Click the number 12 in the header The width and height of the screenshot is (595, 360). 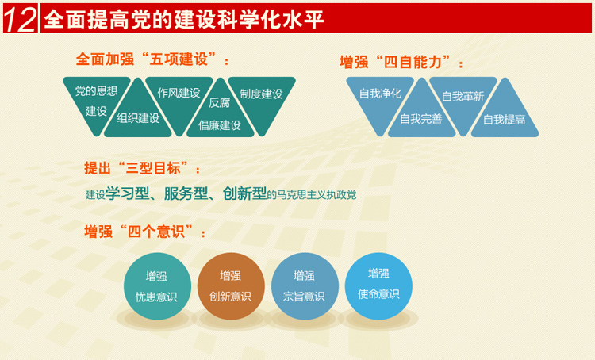[x=20, y=19]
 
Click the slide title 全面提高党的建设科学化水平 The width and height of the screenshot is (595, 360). [x=184, y=19]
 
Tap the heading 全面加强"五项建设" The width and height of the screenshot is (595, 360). [x=152, y=59]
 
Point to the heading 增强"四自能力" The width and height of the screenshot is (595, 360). [x=401, y=62]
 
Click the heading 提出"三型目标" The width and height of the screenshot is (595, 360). [x=142, y=168]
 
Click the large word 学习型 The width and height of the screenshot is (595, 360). [x=128, y=193]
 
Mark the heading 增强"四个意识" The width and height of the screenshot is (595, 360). [x=145, y=232]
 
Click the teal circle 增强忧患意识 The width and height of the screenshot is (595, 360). [x=157, y=286]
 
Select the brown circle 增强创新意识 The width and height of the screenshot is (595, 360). [x=231, y=286]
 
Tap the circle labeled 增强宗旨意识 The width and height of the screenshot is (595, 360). [x=305, y=286]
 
